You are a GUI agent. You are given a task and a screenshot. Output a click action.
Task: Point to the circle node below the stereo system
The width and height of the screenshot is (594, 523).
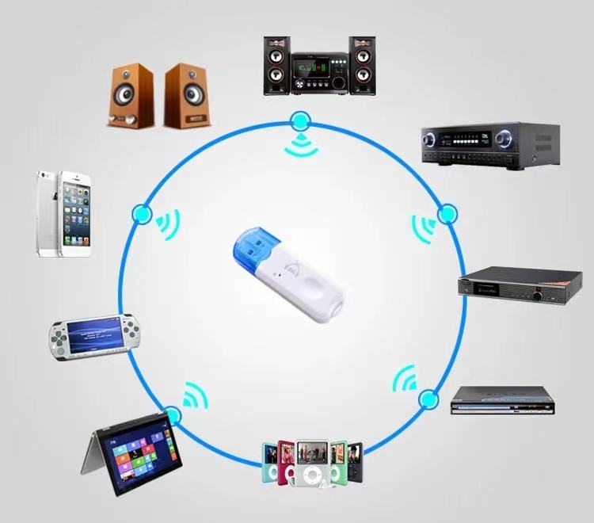(299, 121)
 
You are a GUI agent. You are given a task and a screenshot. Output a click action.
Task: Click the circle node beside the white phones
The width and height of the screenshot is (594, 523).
(143, 213)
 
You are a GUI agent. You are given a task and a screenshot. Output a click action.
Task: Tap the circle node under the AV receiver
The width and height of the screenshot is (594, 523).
(447, 213)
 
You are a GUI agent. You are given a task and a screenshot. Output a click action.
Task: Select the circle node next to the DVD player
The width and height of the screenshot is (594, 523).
(428, 398)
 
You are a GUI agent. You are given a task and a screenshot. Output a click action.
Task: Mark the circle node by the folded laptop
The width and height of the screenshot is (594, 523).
(172, 415)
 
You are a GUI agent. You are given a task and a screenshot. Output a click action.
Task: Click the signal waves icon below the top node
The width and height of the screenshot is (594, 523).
(299, 145)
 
